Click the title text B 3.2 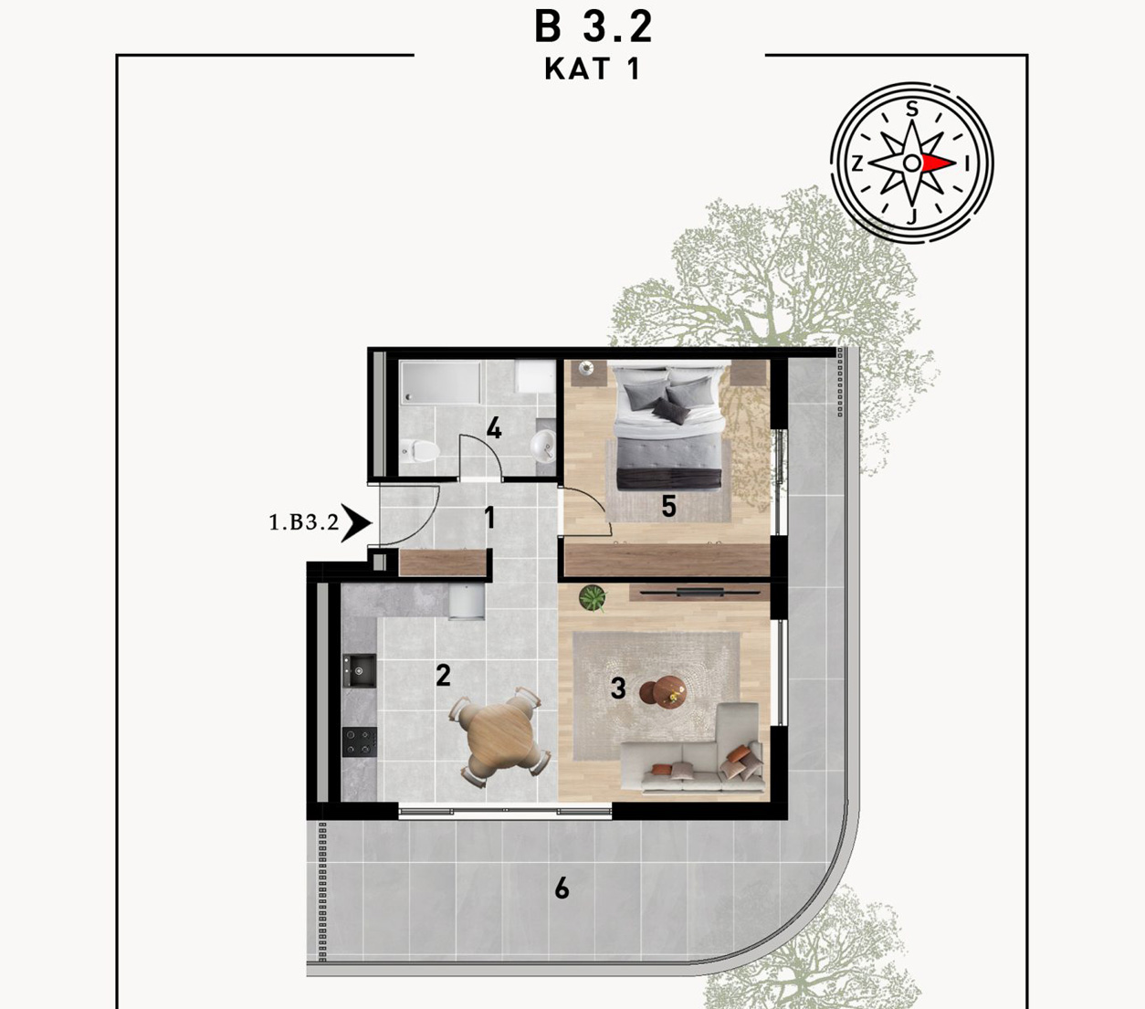[x=593, y=27]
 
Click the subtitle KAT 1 [x=592, y=69]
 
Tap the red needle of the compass [x=939, y=163]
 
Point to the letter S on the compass [x=911, y=109]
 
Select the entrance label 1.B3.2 [x=303, y=522]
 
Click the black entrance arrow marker [x=356, y=523]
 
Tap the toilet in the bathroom [x=420, y=450]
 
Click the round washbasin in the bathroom [x=543, y=446]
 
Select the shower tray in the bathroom [x=441, y=383]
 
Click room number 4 [x=493, y=428]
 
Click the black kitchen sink [x=359, y=670]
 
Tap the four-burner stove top [x=360, y=741]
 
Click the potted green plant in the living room [x=593, y=597]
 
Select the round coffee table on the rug [x=664, y=690]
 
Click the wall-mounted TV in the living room [x=695, y=593]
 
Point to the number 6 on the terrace [x=562, y=888]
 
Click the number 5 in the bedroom [x=668, y=506]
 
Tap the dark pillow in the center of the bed [x=670, y=410]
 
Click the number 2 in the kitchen [x=443, y=676]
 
